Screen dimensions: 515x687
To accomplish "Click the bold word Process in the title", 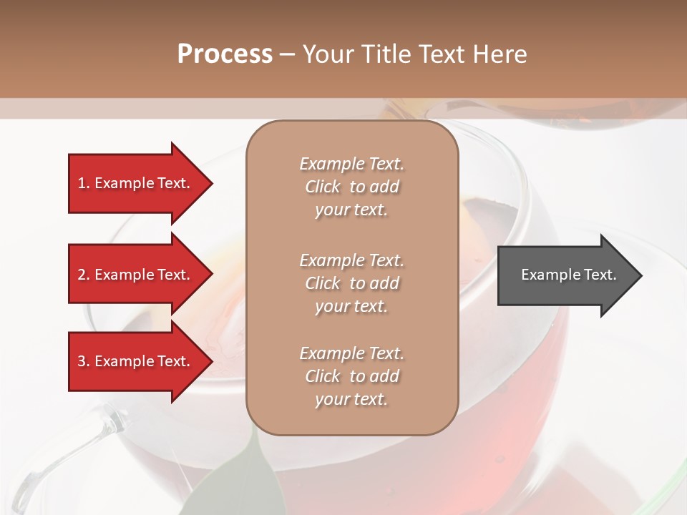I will coord(225,54).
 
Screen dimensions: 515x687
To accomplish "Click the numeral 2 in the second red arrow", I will coord(82,275).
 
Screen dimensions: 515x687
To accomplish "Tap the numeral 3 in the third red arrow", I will coord(82,361).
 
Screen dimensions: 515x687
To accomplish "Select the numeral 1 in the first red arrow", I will coord(82,183).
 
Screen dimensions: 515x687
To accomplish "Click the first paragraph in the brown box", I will coord(351,187).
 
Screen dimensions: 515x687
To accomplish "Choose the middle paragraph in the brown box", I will coord(351,283).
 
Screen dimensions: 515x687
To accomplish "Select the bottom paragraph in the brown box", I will coord(351,376).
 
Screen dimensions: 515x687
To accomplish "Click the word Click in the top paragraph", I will coord(323,187).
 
